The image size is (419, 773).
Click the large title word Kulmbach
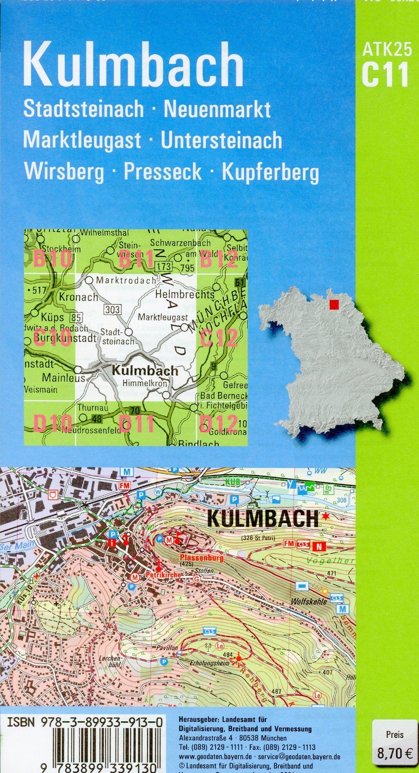(x=133, y=64)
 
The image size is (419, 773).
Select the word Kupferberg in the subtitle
(x=270, y=172)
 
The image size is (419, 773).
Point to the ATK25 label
(x=387, y=49)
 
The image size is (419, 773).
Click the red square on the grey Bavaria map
(x=333, y=304)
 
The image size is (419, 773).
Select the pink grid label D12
(x=218, y=424)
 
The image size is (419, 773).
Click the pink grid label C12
(x=218, y=338)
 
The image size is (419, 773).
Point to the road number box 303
(x=113, y=310)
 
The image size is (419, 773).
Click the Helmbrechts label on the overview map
(x=185, y=294)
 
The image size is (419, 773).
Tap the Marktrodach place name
(x=126, y=280)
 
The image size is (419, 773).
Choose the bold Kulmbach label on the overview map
(x=145, y=371)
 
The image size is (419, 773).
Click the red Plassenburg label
(x=202, y=558)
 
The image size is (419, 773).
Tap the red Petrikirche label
(x=163, y=575)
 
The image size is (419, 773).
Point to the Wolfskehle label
(x=309, y=602)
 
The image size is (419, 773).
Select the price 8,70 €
(x=394, y=753)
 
